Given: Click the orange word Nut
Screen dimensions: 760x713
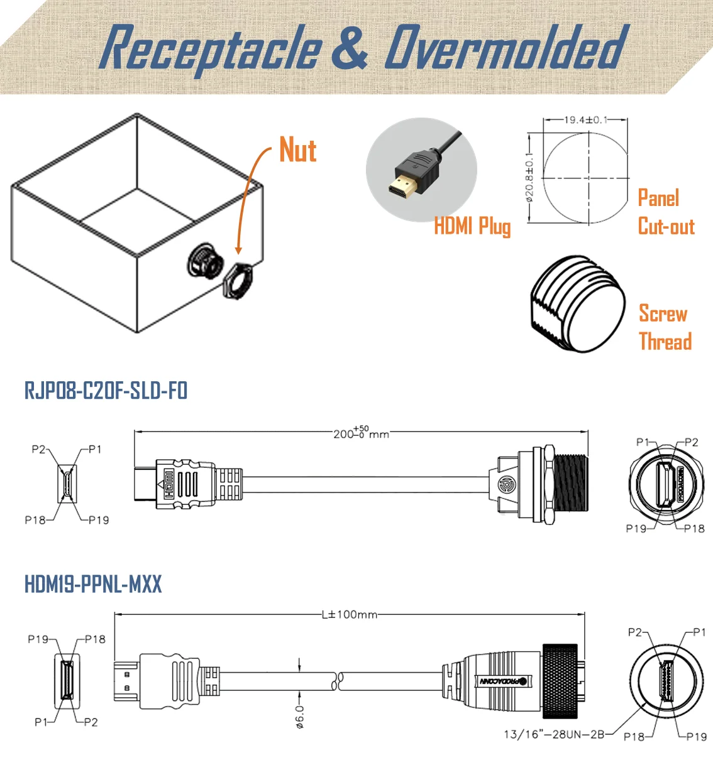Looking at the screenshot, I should click(297, 151).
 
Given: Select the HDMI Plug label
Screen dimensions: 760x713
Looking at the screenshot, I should click(472, 226).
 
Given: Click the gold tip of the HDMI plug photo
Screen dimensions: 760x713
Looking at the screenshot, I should click(401, 187).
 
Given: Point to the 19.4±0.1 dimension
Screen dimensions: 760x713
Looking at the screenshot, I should click(585, 119).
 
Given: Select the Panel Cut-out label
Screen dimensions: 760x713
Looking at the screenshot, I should click(665, 212).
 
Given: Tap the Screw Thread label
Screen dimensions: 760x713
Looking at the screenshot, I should click(664, 327).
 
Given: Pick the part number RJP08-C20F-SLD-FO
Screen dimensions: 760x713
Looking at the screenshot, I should click(106, 391).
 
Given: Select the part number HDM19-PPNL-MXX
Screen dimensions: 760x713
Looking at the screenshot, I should click(93, 584).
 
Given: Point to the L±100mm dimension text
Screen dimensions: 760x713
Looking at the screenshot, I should click(349, 614).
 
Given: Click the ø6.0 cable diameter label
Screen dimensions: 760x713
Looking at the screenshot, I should click(300, 717).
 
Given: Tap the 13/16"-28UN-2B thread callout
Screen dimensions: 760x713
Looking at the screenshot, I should click(554, 734).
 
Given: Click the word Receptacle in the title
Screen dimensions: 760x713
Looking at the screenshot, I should click(210, 48).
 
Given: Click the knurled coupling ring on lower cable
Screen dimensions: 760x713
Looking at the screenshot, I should click(559, 681).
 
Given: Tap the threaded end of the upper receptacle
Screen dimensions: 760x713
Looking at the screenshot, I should click(570, 482).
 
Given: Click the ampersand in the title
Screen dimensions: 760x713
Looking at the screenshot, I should click(350, 48).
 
